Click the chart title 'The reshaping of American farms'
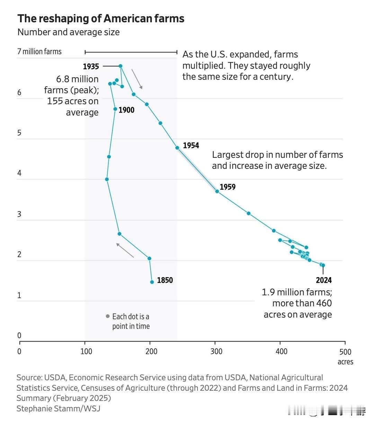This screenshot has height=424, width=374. point(101,18)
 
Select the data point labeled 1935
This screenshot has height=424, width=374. point(121,66)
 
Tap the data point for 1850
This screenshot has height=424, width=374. point(152,282)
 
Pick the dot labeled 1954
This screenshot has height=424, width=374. point(177,148)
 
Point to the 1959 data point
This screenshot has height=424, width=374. point(217,191)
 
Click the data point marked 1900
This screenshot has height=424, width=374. point(115,109)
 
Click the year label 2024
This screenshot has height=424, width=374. point(323,280)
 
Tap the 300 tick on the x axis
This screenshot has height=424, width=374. point(216,352)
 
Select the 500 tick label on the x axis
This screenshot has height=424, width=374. point(345,352)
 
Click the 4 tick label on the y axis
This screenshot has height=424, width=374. point(19,173)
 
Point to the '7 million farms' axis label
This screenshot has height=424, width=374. point(39,52)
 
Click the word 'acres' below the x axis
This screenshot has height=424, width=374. point(345,362)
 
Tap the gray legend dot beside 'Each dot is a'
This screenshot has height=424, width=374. point(108,316)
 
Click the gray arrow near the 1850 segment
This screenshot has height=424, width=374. point(125,250)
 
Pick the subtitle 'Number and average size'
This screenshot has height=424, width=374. point(69,32)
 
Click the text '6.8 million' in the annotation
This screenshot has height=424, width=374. point(77,79)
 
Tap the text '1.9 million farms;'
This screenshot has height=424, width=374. point(297,292)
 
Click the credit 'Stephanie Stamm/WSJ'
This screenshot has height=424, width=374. point(58,408)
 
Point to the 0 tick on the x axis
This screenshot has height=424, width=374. point(19,352)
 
